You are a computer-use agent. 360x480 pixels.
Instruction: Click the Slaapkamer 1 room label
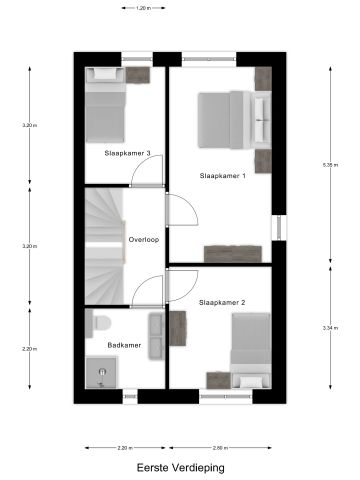[222, 175]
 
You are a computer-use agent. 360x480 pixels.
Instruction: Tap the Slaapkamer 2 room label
[222, 301]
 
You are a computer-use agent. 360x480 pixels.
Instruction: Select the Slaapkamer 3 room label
[127, 153]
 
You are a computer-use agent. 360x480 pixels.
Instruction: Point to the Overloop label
[144, 240]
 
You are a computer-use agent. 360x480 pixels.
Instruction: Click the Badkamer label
[125, 345]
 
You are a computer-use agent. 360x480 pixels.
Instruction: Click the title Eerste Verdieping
[180, 466]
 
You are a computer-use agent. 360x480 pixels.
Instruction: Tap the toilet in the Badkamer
[98, 322]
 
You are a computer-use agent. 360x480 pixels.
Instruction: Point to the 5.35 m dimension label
[333, 163]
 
